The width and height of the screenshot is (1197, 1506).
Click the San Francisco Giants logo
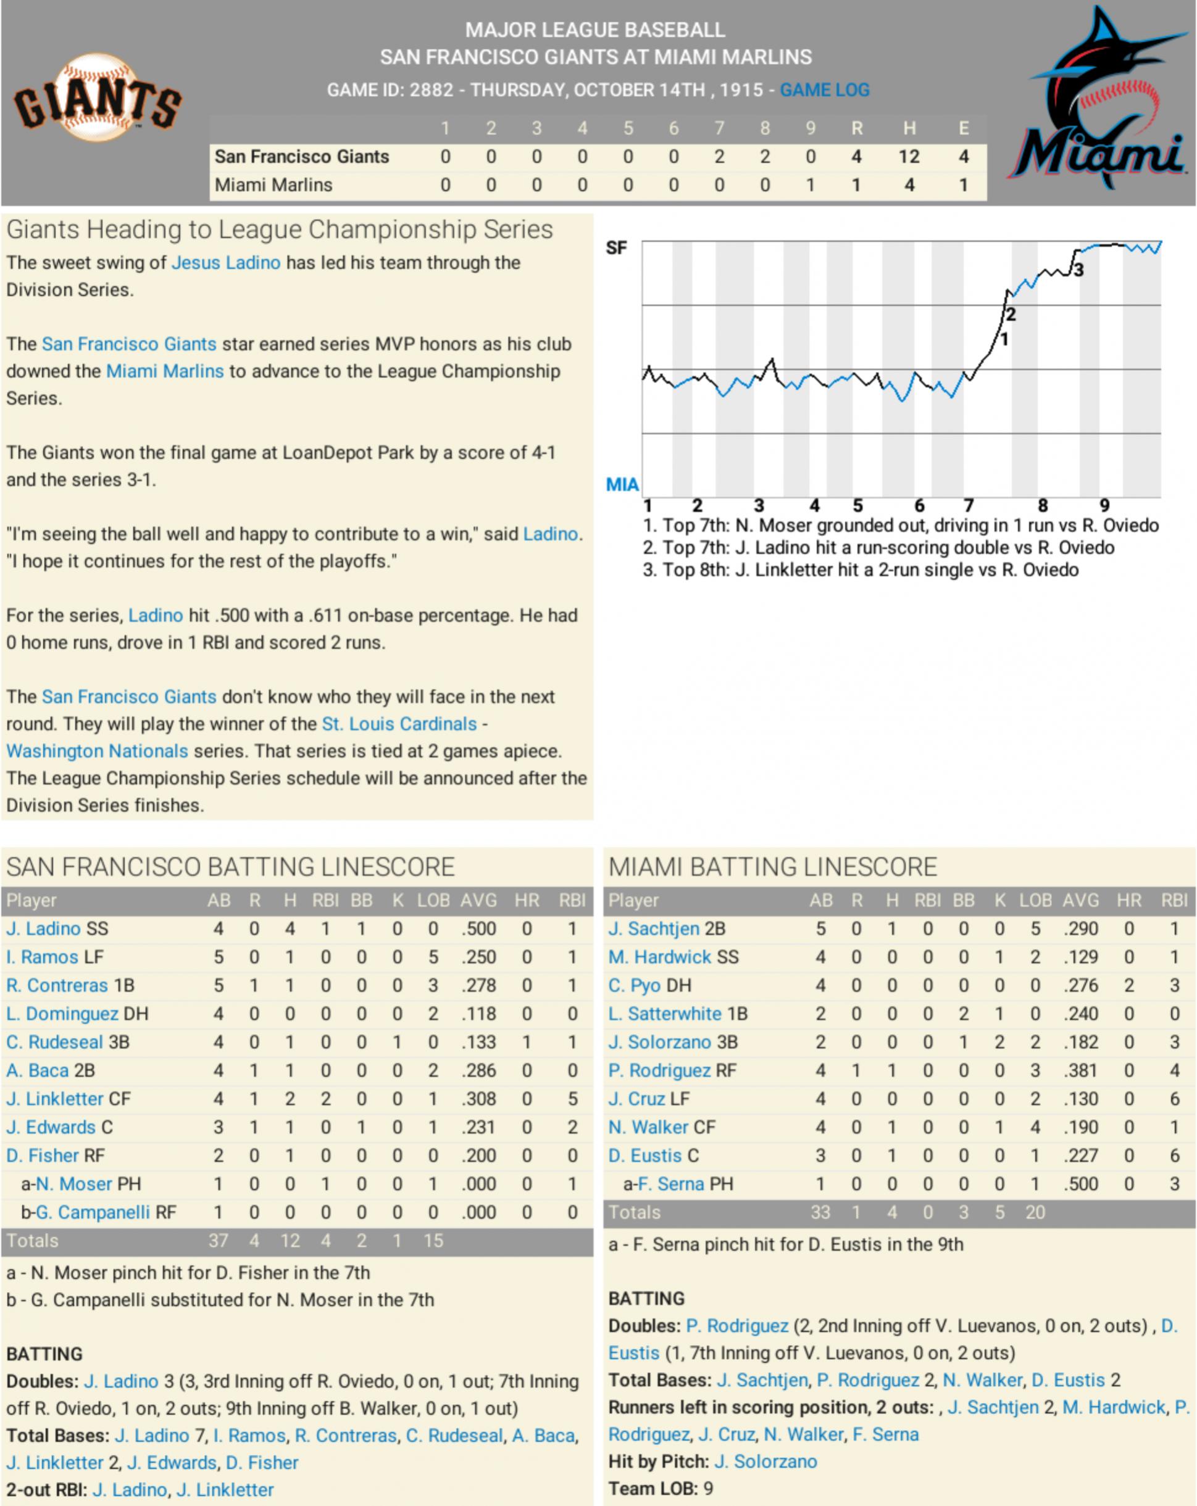pyautogui.click(x=98, y=99)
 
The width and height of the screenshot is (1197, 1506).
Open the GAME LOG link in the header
pyautogui.click(x=825, y=90)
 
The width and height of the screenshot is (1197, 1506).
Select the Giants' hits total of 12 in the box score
pyautogui.click(x=909, y=157)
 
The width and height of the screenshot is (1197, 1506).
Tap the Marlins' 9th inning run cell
pyautogui.click(x=810, y=185)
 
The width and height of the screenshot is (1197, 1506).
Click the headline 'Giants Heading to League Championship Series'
pyautogui.click(x=280, y=230)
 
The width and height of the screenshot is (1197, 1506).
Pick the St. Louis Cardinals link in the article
pyautogui.click(x=399, y=724)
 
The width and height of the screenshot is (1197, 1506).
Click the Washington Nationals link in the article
pyautogui.click(x=97, y=751)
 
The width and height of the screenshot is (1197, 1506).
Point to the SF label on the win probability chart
pyautogui.click(x=615, y=248)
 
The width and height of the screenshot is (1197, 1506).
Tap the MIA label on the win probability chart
pyautogui.click(x=622, y=484)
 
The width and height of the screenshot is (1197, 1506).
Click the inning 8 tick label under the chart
pyautogui.click(x=1042, y=505)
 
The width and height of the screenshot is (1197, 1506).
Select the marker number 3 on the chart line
pyautogui.click(x=1079, y=270)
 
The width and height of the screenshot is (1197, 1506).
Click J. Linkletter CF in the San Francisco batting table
pyautogui.click(x=68, y=1099)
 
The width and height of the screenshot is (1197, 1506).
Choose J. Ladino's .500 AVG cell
pyautogui.click(x=478, y=929)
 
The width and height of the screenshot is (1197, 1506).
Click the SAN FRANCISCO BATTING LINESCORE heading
pyautogui.click(x=231, y=867)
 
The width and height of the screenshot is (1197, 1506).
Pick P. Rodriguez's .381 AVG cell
pyautogui.click(x=1080, y=1070)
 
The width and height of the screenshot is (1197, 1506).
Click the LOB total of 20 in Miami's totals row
pyautogui.click(x=1035, y=1212)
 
